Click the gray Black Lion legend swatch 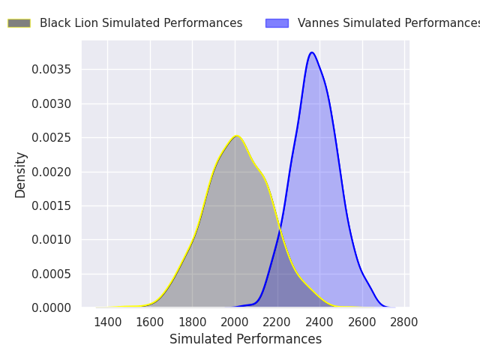[x=19, y=23]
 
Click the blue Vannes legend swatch [x=277, y=23]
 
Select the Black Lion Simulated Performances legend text [x=141, y=23]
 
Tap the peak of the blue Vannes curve [x=312, y=52]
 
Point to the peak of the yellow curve [x=237, y=136]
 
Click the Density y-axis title [x=20, y=175]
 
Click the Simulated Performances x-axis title [x=245, y=339]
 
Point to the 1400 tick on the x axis [x=108, y=322]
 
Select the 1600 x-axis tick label [x=150, y=322]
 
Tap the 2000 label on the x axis [x=235, y=322]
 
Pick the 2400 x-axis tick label [x=319, y=322]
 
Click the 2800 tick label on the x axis [x=404, y=322]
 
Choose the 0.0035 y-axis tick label [x=51, y=70]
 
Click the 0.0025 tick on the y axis [x=51, y=138]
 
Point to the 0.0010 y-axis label [x=51, y=240]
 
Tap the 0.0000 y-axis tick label [x=51, y=307]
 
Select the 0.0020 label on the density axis [x=51, y=172]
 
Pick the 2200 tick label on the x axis [x=277, y=322]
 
